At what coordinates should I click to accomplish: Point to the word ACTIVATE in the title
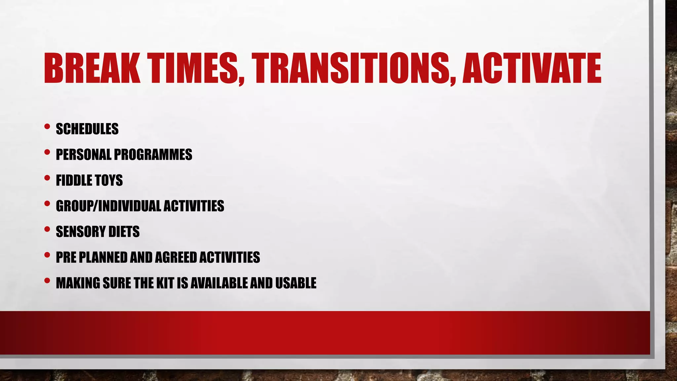pos(532,68)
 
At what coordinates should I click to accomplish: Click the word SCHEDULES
pos(87,129)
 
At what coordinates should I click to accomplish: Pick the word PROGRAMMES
pos(153,154)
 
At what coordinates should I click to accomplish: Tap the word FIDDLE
pos(74,180)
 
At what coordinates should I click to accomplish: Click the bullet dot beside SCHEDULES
pos(47,126)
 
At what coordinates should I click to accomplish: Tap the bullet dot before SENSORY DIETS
pos(47,229)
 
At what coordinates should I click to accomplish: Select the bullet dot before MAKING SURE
pos(47,280)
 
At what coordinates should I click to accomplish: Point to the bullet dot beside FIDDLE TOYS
pos(47,178)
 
